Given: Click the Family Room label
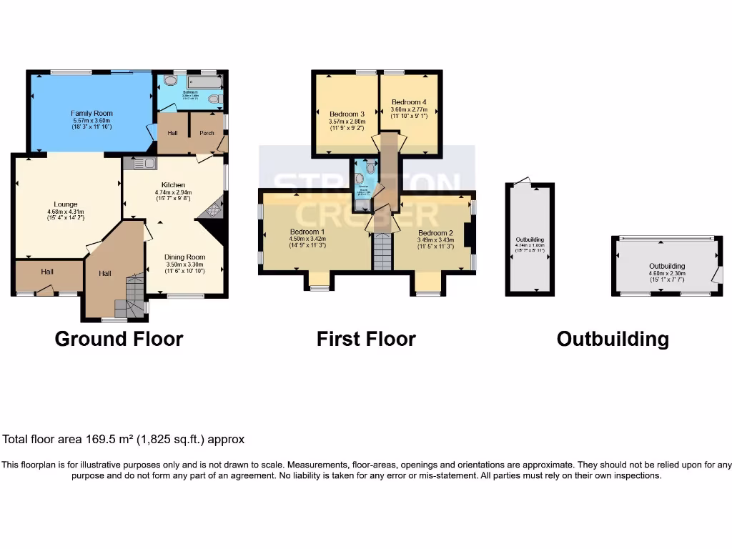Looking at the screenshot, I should pyautogui.click(x=91, y=113).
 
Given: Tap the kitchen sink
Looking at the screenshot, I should pyautogui.click(x=140, y=164).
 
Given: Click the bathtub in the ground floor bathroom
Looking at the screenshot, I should pyautogui.click(x=199, y=83).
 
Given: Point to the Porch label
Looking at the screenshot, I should pyautogui.click(x=207, y=133).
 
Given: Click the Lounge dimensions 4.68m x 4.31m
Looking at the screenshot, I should pyautogui.click(x=66, y=212).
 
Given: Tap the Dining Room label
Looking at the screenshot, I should pyautogui.click(x=184, y=257).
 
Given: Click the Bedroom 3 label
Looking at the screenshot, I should pyautogui.click(x=347, y=114).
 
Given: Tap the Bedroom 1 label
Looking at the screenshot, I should pyautogui.click(x=307, y=232).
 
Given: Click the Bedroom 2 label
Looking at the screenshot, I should pyautogui.click(x=435, y=233).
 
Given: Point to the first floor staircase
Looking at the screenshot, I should pyautogui.click(x=382, y=251).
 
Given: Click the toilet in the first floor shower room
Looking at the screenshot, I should pyautogui.click(x=370, y=167).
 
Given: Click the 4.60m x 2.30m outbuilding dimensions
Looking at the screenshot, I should pyautogui.click(x=666, y=273).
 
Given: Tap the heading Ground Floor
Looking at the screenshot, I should pyautogui.click(x=119, y=338).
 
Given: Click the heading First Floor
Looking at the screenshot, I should pyautogui.click(x=366, y=338).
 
